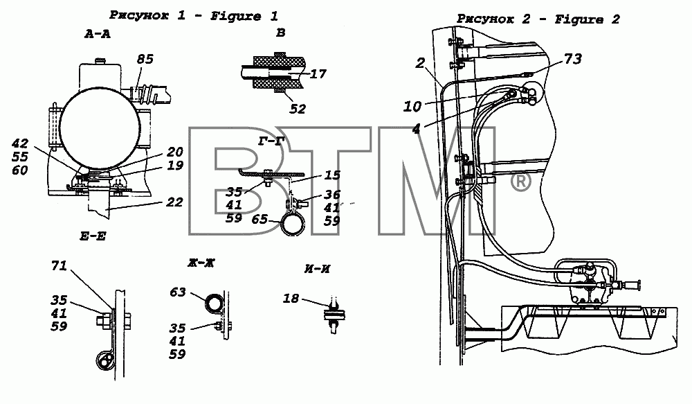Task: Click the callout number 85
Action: tap(145, 59)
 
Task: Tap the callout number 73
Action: tap(573, 59)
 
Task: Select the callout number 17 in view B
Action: tap(318, 73)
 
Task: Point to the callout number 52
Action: tap(298, 109)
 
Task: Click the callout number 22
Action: tap(175, 202)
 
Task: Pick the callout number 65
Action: tap(259, 219)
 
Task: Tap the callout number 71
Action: tap(59, 265)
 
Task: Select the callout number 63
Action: tap(177, 292)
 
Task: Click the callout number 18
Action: tap(291, 299)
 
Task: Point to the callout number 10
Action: tap(412, 107)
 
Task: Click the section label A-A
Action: tap(98, 34)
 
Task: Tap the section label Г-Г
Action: tap(271, 141)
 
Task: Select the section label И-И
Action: tap(318, 269)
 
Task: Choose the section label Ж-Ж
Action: tap(201, 263)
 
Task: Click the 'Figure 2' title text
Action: tap(588, 19)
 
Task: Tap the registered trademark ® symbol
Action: tap(521, 182)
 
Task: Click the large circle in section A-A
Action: tap(97, 128)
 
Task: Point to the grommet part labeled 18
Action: tap(334, 315)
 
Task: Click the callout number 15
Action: tap(332, 175)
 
